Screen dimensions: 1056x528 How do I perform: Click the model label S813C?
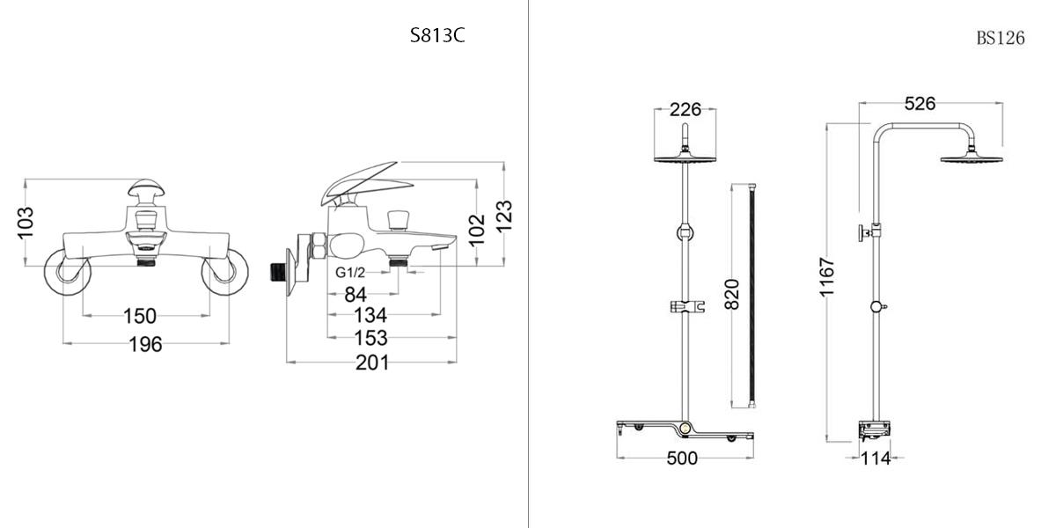[437, 35]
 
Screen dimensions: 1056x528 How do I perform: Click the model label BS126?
[1001, 38]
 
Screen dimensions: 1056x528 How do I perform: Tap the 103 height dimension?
[26, 223]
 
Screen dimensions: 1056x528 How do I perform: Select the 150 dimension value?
[140, 316]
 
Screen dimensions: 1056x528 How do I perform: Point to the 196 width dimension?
[146, 344]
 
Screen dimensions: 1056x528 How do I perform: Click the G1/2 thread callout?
[350, 272]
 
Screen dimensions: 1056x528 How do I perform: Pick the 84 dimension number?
[356, 295]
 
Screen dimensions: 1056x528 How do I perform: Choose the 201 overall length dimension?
[372, 363]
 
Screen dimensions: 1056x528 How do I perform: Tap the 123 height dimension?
[504, 216]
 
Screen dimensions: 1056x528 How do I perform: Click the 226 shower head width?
[686, 109]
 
